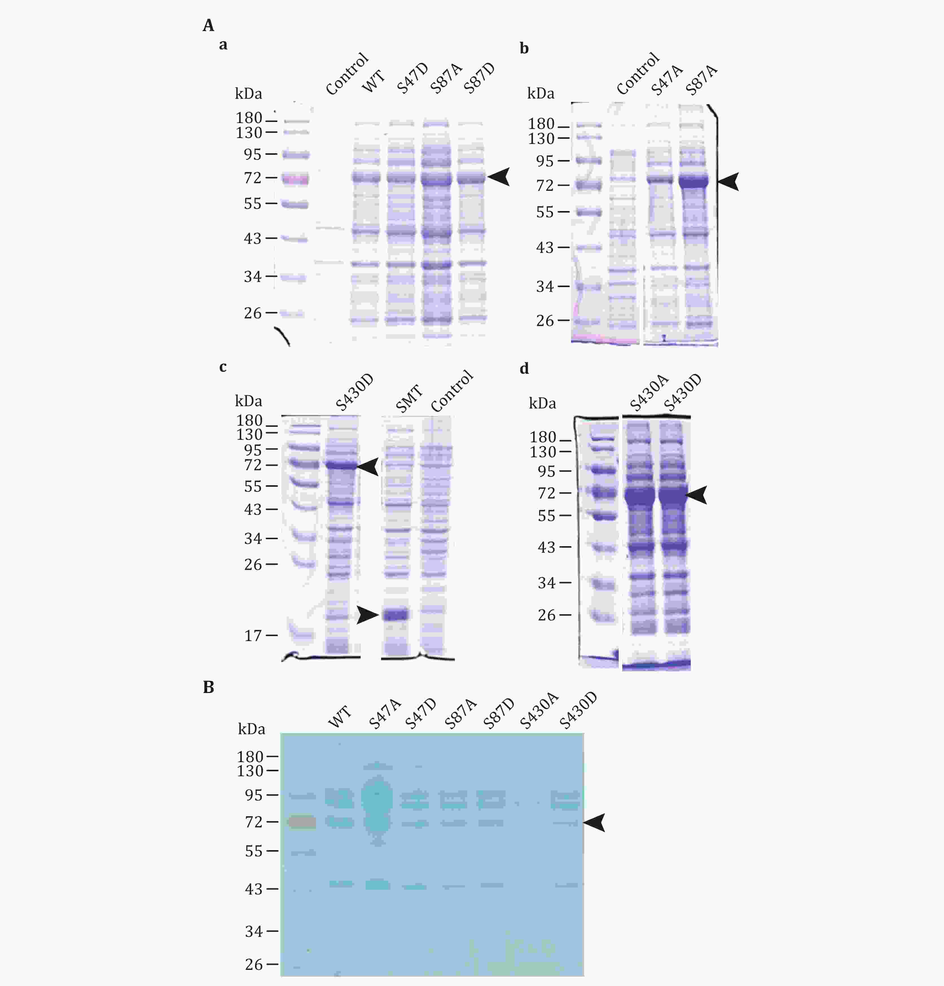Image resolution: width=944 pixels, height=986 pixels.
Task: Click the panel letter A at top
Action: pos(208,25)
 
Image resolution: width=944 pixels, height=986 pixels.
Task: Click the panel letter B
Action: pos(208,687)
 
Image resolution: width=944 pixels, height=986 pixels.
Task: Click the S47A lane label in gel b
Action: pos(667,80)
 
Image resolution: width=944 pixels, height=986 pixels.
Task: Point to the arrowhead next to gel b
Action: pos(728,181)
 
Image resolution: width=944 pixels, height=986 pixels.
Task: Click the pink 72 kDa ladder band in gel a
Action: pos(295,179)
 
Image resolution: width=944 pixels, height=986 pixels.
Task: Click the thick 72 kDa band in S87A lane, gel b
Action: pos(694,181)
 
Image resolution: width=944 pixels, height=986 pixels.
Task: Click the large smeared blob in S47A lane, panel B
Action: pos(377,805)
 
